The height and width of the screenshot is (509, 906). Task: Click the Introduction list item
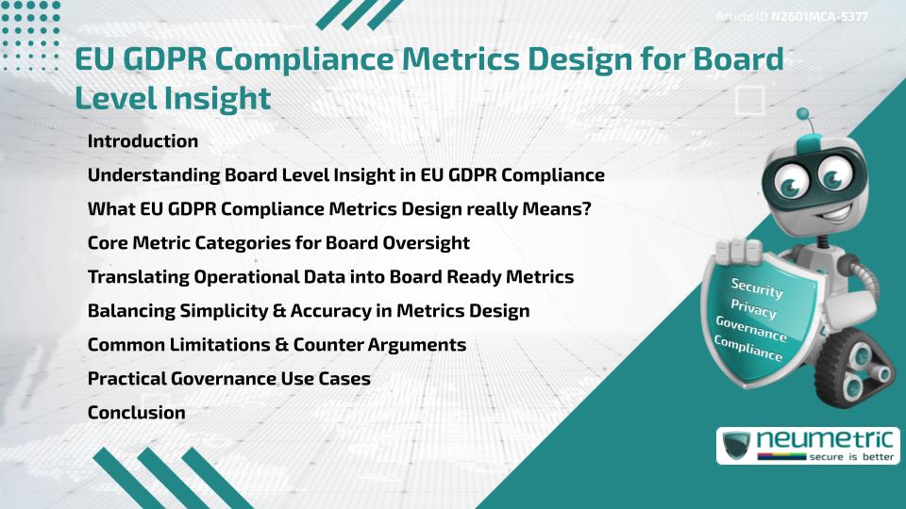(x=143, y=141)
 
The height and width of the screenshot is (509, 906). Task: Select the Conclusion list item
(x=136, y=412)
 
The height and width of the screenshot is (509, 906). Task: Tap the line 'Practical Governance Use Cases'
(x=228, y=378)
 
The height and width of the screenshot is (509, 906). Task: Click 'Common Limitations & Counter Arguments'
(x=277, y=344)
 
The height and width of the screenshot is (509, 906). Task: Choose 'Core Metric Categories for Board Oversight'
(x=278, y=242)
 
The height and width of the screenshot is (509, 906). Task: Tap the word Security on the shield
(x=756, y=287)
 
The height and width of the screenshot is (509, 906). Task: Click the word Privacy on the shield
(x=753, y=307)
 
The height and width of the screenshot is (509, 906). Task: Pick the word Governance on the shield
(x=751, y=328)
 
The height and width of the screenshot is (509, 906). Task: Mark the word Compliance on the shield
(x=748, y=348)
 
